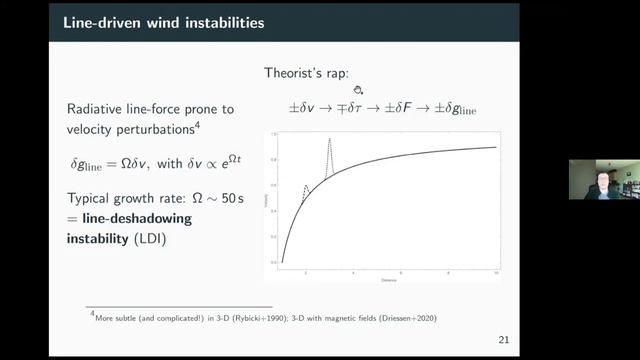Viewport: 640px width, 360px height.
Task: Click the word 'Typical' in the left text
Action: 93,198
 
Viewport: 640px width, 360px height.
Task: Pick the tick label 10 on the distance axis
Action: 496,272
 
